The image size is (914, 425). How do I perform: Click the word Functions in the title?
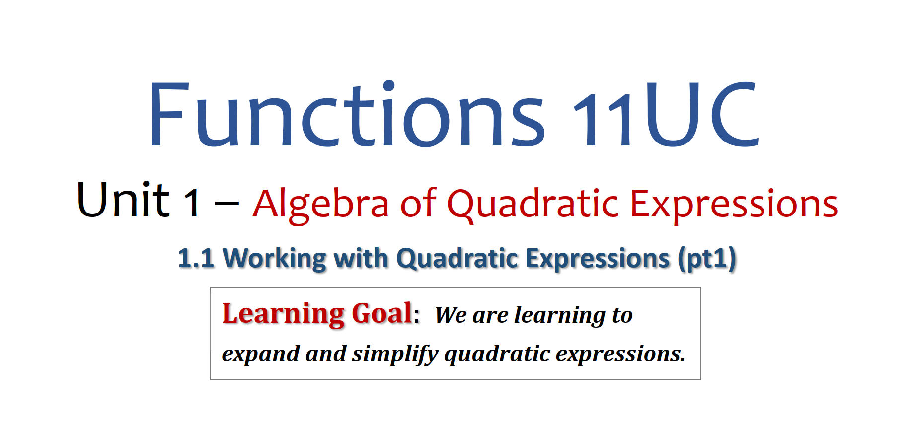click(347, 114)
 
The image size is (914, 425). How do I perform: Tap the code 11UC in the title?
click(666, 114)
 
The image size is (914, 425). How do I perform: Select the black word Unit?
click(123, 200)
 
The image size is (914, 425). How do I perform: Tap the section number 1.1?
click(196, 259)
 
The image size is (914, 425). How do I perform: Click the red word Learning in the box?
click(283, 314)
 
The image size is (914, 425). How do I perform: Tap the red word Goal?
click(382, 313)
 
